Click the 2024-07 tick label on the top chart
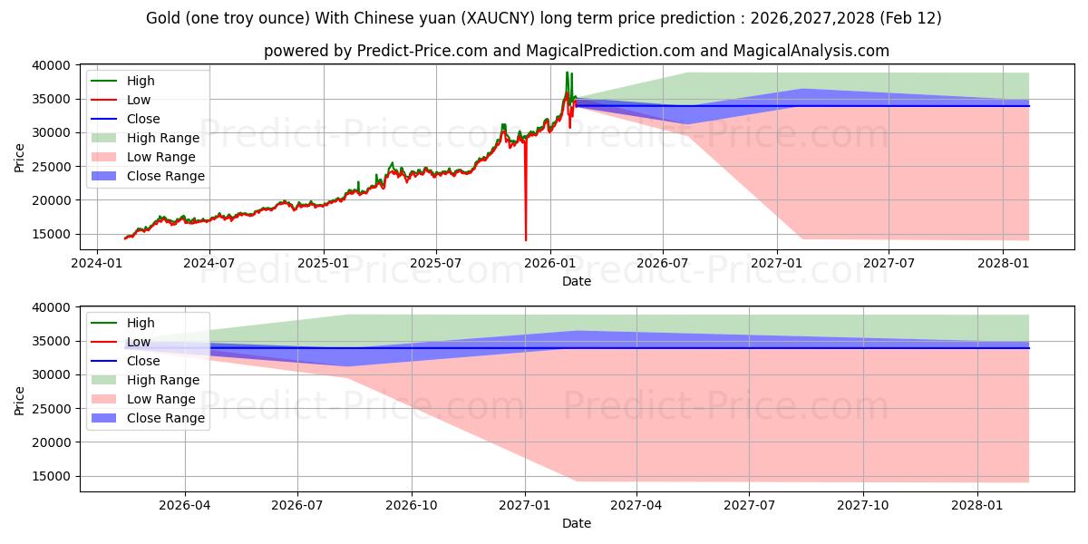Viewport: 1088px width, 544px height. point(209,263)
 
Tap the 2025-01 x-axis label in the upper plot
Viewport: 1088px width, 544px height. point(324,263)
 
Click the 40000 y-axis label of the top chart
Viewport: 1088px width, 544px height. point(53,65)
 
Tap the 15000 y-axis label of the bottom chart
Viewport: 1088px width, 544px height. point(53,476)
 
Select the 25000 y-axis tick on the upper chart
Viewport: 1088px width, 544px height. point(53,167)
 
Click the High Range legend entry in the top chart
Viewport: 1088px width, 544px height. point(163,138)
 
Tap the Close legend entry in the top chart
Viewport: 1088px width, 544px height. point(143,119)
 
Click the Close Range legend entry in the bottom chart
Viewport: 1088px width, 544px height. point(166,418)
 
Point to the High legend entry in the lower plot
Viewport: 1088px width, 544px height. point(141,323)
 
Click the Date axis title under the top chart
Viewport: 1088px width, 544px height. point(576,281)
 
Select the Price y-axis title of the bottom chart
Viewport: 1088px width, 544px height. point(20,399)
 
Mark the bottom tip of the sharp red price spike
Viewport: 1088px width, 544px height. point(526,240)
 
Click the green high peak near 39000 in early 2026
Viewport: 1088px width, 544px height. point(567,73)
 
